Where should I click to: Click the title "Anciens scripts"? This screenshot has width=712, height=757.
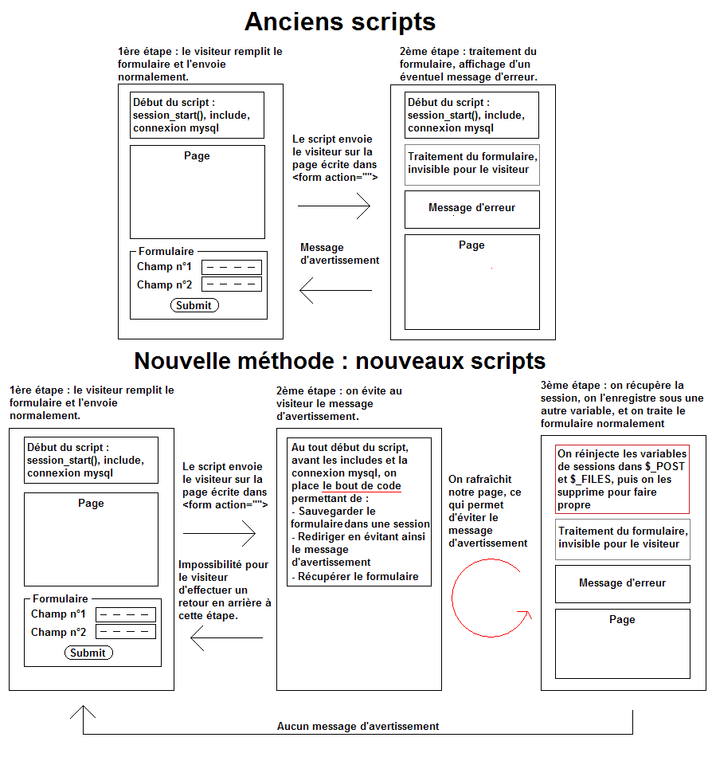(340, 22)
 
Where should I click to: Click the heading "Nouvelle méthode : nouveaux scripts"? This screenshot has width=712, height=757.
(339, 361)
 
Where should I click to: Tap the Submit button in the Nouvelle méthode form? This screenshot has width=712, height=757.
(88, 653)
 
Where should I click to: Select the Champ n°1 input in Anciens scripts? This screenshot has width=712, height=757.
(232, 267)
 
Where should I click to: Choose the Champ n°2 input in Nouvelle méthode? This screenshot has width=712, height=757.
(125, 632)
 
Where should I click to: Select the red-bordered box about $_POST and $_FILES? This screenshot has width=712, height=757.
(622, 479)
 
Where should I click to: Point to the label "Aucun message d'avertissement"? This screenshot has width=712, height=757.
(358, 726)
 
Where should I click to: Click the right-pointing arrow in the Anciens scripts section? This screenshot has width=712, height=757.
(334, 206)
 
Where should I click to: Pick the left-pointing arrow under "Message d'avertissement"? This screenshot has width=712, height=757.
(335, 291)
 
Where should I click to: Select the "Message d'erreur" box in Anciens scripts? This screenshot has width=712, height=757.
(471, 209)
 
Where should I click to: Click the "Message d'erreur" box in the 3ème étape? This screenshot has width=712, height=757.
(622, 583)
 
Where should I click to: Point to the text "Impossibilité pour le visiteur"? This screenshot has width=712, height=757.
(224, 590)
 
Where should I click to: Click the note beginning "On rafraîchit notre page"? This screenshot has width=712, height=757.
(488, 511)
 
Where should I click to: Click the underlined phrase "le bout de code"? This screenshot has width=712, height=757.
(362, 485)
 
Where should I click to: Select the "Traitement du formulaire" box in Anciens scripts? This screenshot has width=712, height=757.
(471, 163)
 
